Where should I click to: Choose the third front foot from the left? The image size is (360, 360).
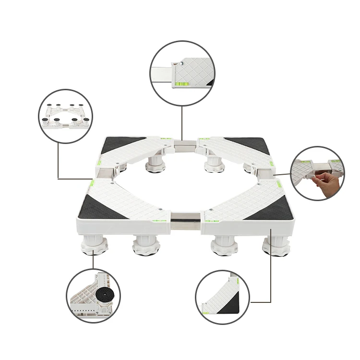point(224,245)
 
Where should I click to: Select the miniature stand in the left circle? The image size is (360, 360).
point(65,116)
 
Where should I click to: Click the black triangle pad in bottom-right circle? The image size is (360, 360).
point(229,304)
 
